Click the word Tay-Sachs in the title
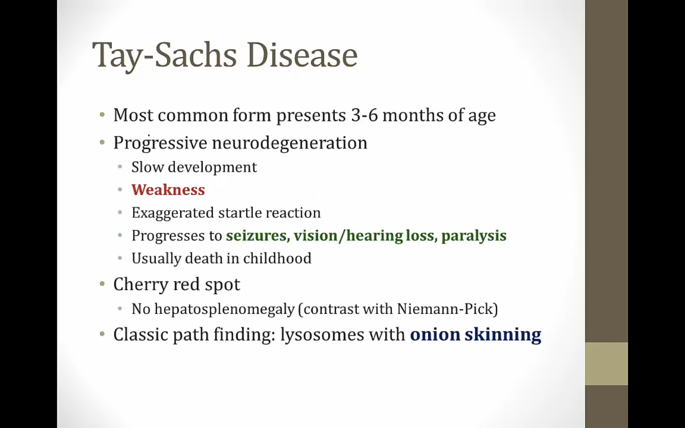click(165, 56)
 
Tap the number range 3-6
click(364, 116)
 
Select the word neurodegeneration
click(290, 143)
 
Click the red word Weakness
click(168, 190)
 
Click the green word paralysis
click(474, 236)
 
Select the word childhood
click(277, 258)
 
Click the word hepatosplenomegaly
click(225, 310)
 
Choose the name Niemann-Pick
click(445, 309)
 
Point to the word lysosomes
click(323, 335)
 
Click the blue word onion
click(435, 334)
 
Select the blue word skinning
click(503, 335)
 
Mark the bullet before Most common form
click(102, 115)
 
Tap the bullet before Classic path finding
click(102, 334)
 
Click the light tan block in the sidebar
click(607, 364)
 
